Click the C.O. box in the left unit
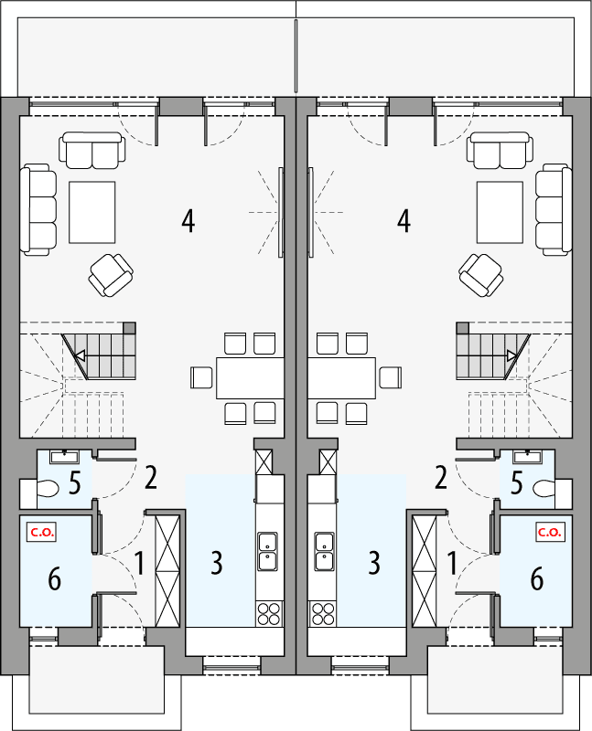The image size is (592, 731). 40,531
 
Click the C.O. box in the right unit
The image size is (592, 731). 550,531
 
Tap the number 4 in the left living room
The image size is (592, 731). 188,220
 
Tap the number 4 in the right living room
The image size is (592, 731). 403,220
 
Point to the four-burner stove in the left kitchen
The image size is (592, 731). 267,612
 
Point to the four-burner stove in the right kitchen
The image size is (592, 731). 323,612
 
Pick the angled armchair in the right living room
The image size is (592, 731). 481,273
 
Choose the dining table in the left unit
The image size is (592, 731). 249,376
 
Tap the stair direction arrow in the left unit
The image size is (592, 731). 81,356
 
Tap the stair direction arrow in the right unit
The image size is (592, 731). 511,356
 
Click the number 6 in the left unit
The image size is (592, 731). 54,577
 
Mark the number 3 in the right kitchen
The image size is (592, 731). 373,563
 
